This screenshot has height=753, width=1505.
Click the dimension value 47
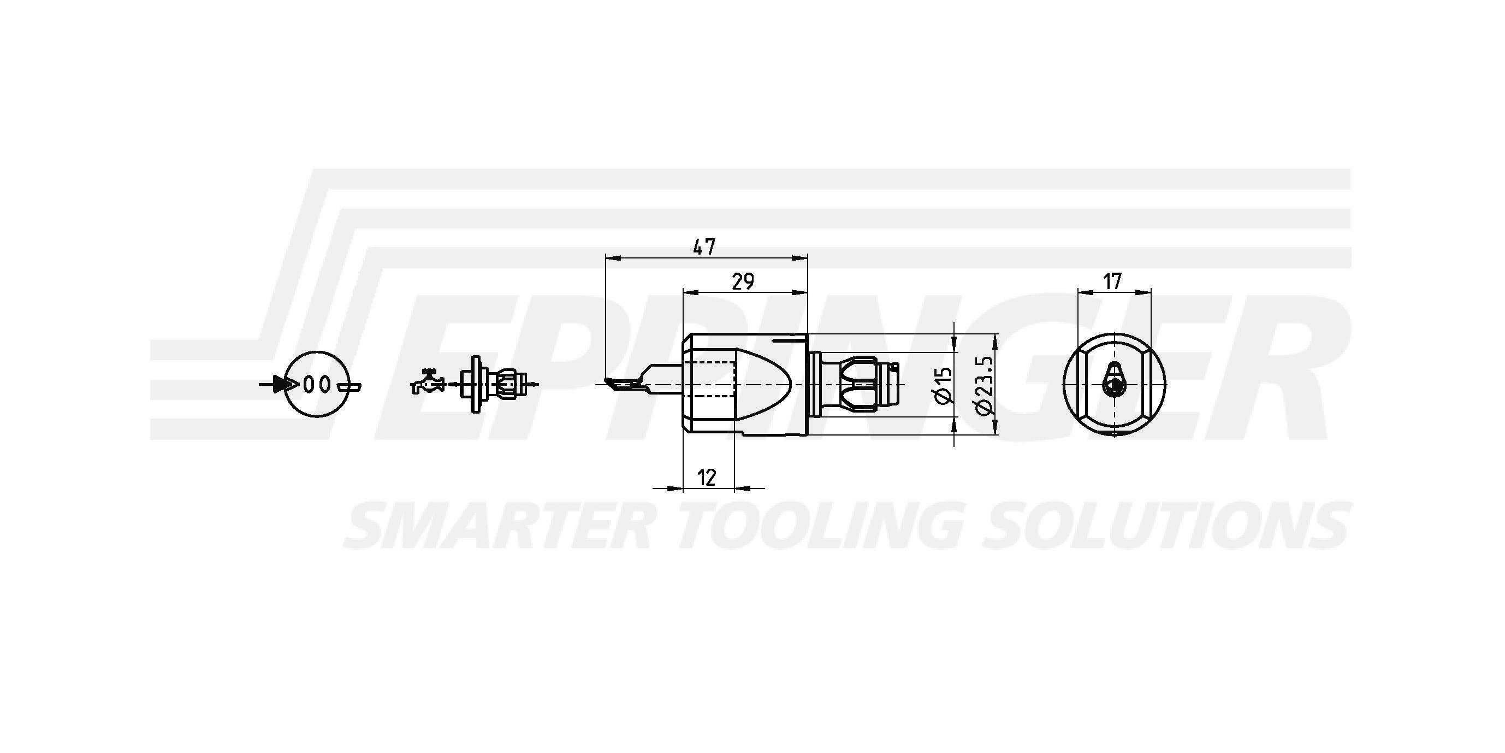coord(704,246)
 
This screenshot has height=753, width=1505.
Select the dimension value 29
coord(743,282)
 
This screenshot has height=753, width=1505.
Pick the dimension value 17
coord(1112,281)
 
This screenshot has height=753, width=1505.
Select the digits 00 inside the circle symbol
coord(318,385)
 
